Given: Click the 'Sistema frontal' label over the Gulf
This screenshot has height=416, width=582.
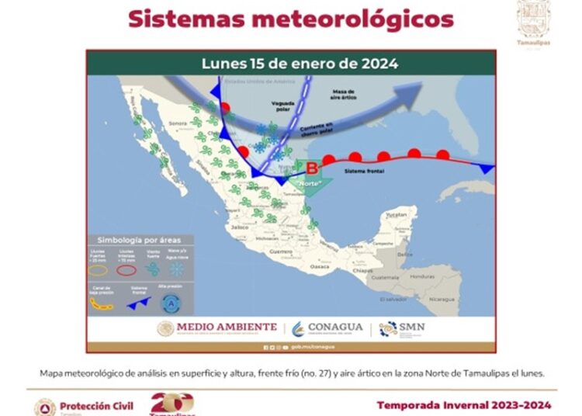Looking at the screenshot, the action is (363, 169).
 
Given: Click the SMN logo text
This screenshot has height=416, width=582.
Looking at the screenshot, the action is (409, 327).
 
